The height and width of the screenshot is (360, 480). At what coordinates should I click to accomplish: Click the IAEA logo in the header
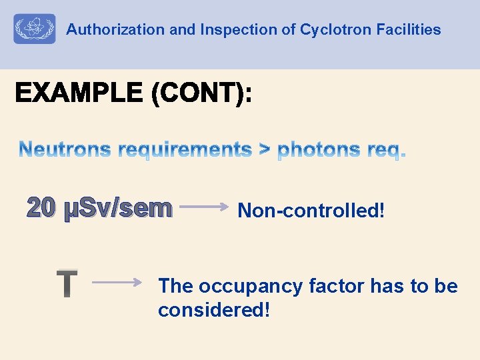pyautogui.click(x=34, y=29)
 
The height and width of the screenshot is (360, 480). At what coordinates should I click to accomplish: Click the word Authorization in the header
pyautogui.click(x=106, y=30)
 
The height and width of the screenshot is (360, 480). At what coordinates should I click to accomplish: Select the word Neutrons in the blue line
pyautogui.click(x=65, y=150)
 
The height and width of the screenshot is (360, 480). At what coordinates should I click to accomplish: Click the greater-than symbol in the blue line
pyautogui.click(x=265, y=151)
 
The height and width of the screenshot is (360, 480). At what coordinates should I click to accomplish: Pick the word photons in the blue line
pyautogui.click(x=319, y=151)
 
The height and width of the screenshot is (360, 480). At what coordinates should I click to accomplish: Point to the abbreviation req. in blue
pyautogui.click(x=386, y=151)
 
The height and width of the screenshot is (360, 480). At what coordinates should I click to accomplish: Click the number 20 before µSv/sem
pyautogui.click(x=42, y=209)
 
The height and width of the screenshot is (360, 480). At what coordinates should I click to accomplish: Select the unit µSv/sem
pyautogui.click(x=117, y=209)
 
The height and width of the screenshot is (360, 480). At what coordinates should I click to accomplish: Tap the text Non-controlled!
pyautogui.click(x=311, y=211)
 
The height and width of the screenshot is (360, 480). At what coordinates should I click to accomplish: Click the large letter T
pyautogui.click(x=67, y=283)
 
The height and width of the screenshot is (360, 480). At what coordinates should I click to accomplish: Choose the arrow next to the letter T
pyautogui.click(x=117, y=282)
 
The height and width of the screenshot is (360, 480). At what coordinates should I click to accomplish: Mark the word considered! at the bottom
pyautogui.click(x=214, y=310)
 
